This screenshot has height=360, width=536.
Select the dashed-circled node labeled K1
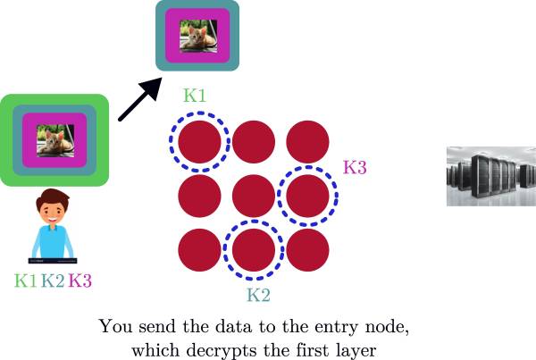click(x=200, y=141)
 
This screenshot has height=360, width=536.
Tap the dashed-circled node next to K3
click(x=307, y=195)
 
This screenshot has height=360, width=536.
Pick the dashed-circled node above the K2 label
click(x=254, y=248)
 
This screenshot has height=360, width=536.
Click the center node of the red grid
click(x=254, y=195)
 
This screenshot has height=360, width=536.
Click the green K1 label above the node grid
click(x=196, y=95)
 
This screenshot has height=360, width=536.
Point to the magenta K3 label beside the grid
click(x=355, y=167)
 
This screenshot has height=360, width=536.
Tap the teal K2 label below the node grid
click(x=258, y=293)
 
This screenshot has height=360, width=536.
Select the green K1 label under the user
click(x=26, y=280)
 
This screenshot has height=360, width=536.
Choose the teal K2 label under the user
click(x=53, y=280)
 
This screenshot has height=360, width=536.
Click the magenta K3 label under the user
click(x=80, y=280)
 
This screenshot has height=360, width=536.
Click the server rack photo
click(x=483, y=176)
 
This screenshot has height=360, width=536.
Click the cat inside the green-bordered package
click(x=54, y=140)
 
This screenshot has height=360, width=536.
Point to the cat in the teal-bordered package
click(x=197, y=36)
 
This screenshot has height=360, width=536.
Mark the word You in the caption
click(x=113, y=326)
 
